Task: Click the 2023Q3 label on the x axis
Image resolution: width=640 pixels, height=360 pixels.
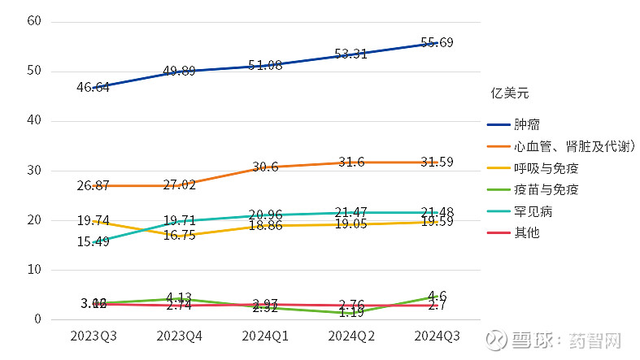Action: [93, 336]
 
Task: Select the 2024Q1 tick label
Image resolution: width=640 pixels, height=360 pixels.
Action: [264, 336]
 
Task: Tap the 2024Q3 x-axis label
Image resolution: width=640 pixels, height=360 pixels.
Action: [436, 336]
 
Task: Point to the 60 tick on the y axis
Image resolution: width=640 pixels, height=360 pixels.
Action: [33, 21]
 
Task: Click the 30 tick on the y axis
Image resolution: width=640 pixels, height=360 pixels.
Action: [33, 171]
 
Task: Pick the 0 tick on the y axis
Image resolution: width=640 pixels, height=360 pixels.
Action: [37, 319]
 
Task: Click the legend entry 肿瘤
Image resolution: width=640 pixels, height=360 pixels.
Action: [525, 125]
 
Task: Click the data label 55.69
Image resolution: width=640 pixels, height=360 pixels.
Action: [436, 42]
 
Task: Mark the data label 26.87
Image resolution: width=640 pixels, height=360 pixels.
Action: [93, 185]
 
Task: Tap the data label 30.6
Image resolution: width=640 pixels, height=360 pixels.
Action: [264, 167]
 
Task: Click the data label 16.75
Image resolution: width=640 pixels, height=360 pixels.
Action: [178, 236]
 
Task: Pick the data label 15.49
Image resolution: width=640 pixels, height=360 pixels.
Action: [93, 242]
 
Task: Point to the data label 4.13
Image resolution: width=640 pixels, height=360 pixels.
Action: [178, 297]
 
